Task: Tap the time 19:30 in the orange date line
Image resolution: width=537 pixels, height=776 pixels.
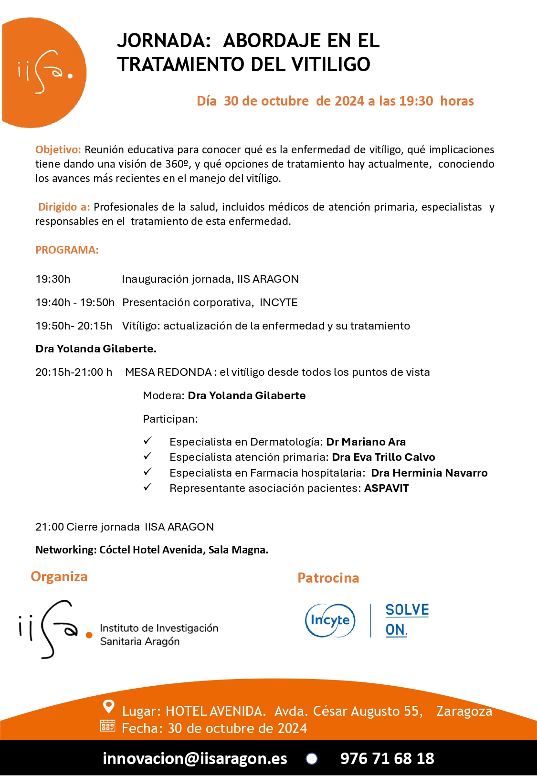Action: coord(416,101)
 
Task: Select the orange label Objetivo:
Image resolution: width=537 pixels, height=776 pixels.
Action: coord(58,149)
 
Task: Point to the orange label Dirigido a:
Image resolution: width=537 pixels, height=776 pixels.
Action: coord(64,207)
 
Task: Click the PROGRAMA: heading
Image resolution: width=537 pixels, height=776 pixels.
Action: coord(67,250)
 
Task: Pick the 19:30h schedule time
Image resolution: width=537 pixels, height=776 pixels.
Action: coord(53,279)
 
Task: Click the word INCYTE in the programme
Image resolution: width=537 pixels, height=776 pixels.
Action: coord(278,302)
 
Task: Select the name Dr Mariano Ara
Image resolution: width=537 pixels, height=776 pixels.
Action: coord(366,442)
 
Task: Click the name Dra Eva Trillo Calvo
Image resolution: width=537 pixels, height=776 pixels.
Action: coord(383,457)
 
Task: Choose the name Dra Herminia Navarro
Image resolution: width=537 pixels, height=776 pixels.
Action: coord(429,473)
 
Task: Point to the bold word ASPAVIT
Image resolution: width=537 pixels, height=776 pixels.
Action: coord(386,488)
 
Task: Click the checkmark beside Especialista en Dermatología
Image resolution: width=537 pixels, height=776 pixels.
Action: coord(148,441)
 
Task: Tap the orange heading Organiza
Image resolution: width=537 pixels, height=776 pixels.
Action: coord(59,576)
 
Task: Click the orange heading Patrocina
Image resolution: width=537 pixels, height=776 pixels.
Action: coord(328,578)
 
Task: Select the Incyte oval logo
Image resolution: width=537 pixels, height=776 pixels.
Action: coord(330,620)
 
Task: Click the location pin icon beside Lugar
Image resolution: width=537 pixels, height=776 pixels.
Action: coord(109,706)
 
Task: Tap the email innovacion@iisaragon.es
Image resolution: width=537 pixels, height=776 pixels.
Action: coord(195,758)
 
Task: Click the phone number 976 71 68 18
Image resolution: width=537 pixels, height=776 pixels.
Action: coord(387,758)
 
